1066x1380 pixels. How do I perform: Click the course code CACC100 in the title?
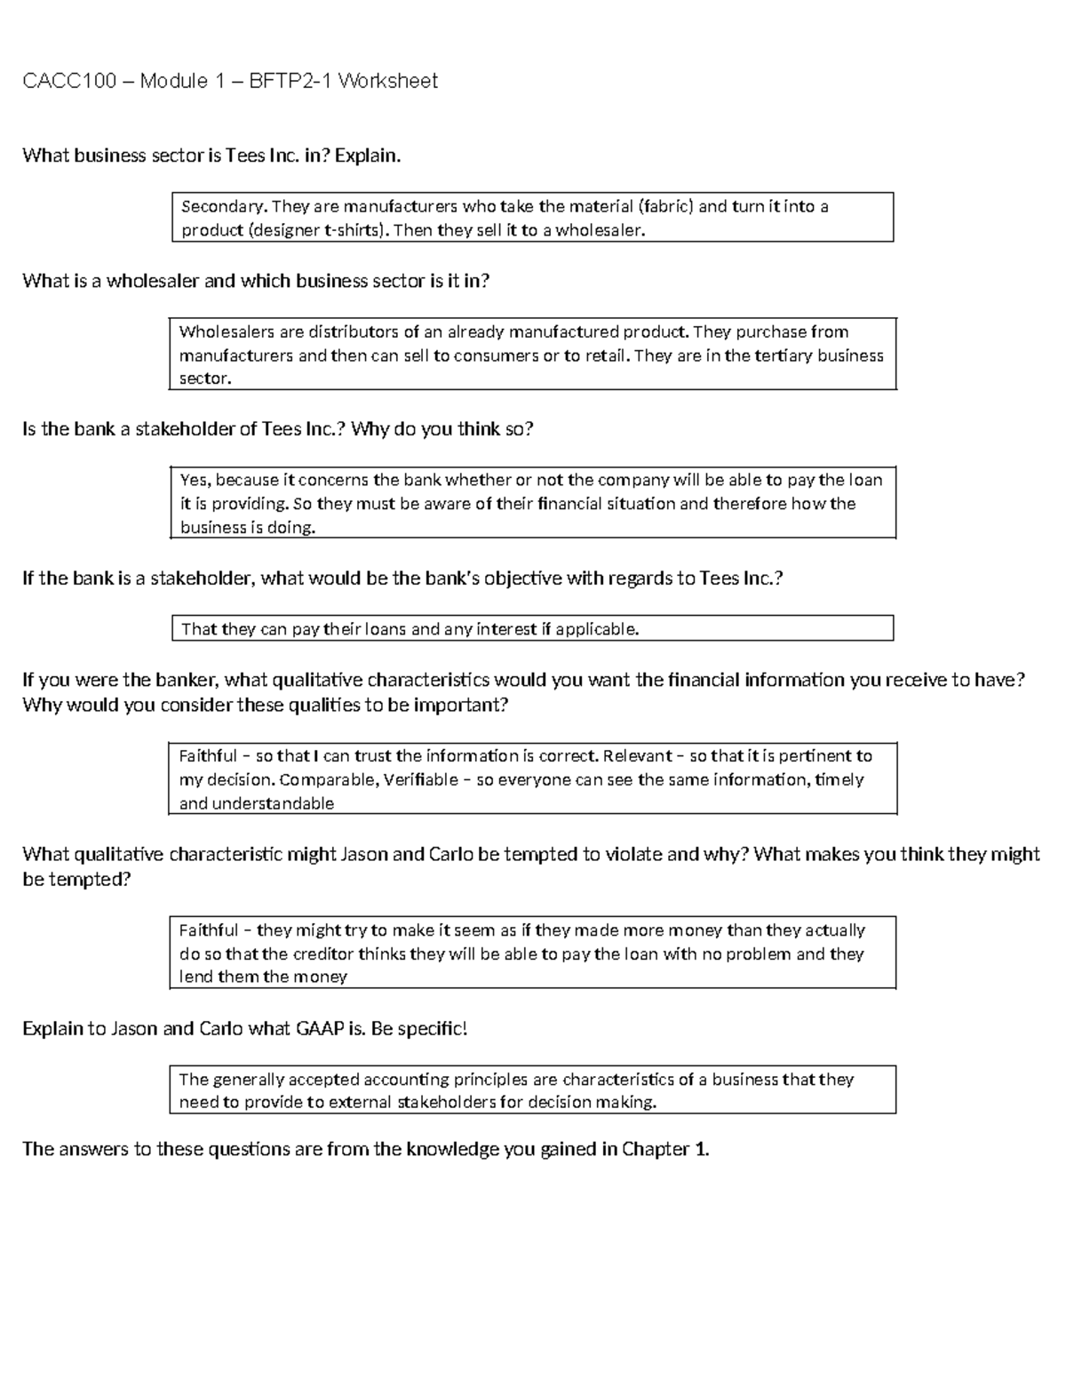click(69, 82)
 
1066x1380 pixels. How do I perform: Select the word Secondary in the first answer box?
click(223, 207)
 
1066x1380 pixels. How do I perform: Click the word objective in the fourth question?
click(521, 578)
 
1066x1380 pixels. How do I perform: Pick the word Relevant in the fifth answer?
click(637, 756)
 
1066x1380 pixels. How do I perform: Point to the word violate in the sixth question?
click(632, 855)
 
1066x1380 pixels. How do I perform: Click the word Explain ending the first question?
click(367, 156)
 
